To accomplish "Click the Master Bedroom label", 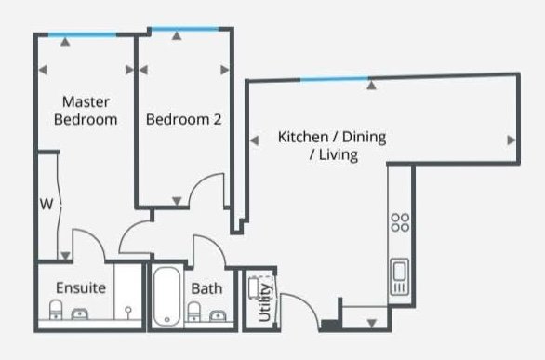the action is (86, 111).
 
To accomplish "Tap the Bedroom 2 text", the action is (183, 119).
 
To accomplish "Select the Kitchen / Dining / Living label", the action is (332, 146).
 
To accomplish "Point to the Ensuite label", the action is (81, 287).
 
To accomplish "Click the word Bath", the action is (206, 288).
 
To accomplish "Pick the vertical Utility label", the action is (265, 302).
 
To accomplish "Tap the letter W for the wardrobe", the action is (47, 204).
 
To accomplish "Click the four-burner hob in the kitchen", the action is (400, 222).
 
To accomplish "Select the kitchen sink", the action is (399, 276).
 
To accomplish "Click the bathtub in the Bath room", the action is (166, 296).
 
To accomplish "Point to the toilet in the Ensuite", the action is (56, 310).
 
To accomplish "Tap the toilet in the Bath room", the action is (194, 312).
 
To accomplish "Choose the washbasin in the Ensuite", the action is (80, 314).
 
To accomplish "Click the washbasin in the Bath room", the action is (218, 316).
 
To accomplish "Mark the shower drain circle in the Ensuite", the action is (128, 309).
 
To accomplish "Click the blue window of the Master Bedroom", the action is (82, 34).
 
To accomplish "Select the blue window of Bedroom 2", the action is (185, 29).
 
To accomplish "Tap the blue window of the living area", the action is (335, 80).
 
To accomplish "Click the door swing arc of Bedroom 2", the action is (201, 182).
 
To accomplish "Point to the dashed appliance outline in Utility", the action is (260, 287).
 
